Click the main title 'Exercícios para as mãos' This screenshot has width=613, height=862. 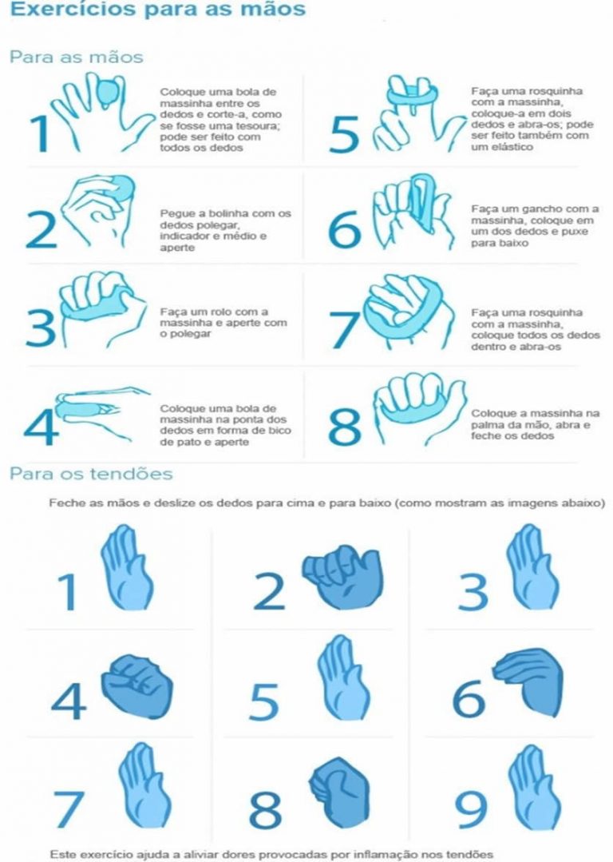(x=158, y=10)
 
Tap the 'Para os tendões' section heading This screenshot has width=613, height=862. (x=91, y=474)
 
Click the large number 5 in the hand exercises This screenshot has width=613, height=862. (x=343, y=134)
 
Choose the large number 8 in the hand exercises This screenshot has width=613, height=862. (x=344, y=426)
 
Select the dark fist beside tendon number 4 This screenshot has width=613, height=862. (x=136, y=685)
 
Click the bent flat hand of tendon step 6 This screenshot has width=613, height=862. (x=529, y=681)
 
